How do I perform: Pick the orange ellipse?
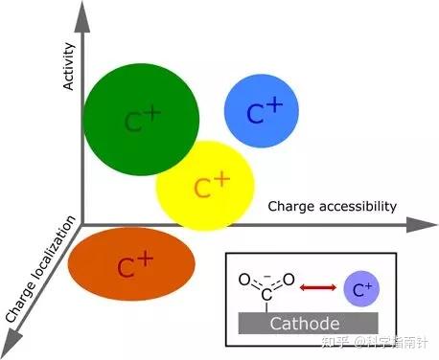coord(132,264)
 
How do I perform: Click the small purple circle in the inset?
coord(358,287)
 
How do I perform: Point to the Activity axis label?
coord(68,72)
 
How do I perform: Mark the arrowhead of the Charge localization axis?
coord(12,335)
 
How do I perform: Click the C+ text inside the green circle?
coord(142,121)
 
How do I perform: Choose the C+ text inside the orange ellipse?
coord(133,265)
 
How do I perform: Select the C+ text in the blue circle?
coord(265,112)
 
